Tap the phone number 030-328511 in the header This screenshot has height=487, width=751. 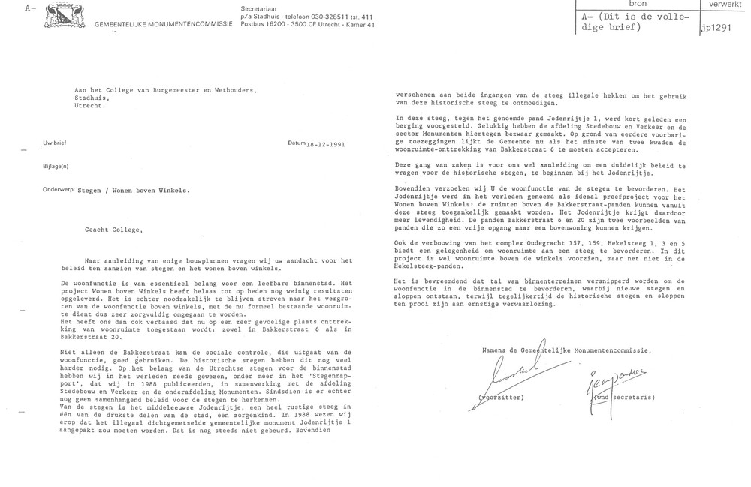click(318, 15)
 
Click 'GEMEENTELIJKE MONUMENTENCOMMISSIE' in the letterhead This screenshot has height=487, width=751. click(157, 26)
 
